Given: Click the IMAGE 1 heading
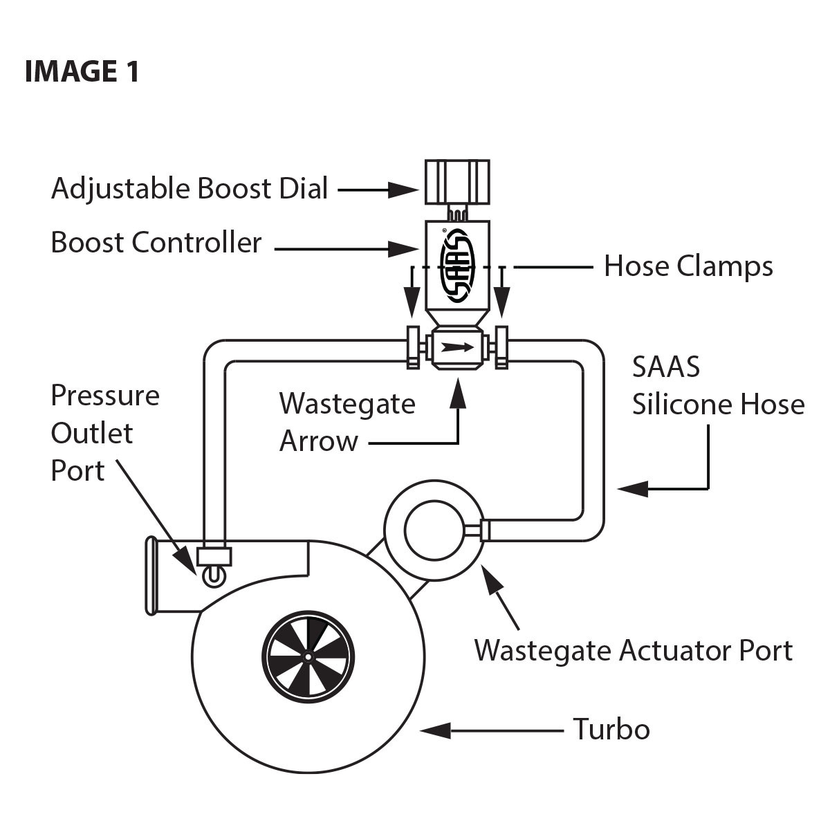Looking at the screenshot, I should click(82, 71).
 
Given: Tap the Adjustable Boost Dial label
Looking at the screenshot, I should click(190, 189).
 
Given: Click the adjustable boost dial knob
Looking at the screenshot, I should click(456, 181).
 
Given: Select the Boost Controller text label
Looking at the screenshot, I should click(156, 243).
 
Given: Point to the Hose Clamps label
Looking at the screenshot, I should click(688, 266).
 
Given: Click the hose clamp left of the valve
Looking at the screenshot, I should click(412, 347).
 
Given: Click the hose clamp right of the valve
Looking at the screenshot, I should click(501, 347).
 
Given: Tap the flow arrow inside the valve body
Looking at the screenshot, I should click(457, 348).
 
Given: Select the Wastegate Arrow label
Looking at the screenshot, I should click(347, 422).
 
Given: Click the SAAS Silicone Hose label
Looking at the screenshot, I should click(718, 386).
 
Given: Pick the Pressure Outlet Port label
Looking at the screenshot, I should click(104, 433).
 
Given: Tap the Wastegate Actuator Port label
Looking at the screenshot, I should click(633, 651).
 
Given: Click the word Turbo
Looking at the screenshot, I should click(611, 730).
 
